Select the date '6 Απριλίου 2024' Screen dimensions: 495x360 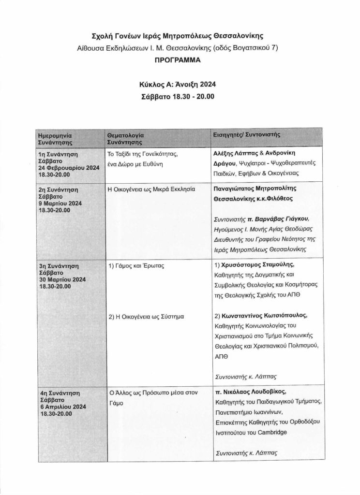tap(63, 407)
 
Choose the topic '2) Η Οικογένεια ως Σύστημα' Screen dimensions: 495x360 tap(144, 317)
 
